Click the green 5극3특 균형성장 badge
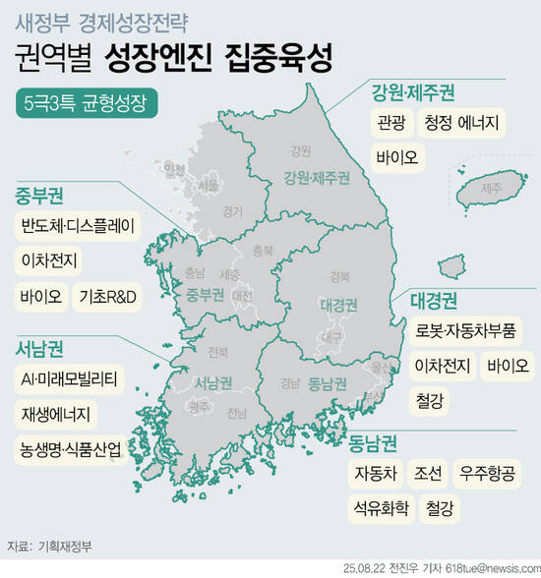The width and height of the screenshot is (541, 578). coord(88,103)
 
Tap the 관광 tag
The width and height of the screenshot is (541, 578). coord(390,124)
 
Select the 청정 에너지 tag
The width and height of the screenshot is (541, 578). coord(462,124)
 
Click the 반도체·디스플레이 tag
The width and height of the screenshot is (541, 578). coord(79,225)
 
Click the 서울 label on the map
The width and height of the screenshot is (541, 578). coord(209,184)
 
